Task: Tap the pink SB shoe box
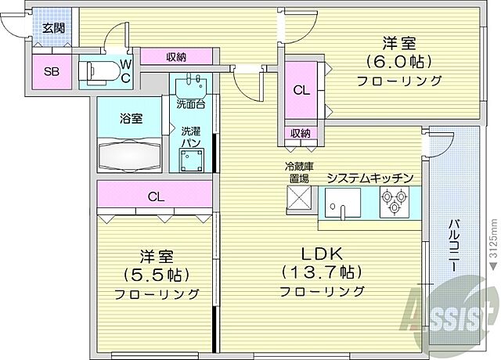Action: pos(51,72)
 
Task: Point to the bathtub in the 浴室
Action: pos(130,153)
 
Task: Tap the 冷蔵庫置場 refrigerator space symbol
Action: pos(297,200)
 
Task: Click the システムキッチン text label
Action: pos(369,178)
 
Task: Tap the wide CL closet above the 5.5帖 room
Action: pos(156,196)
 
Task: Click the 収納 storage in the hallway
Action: pos(176,56)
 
